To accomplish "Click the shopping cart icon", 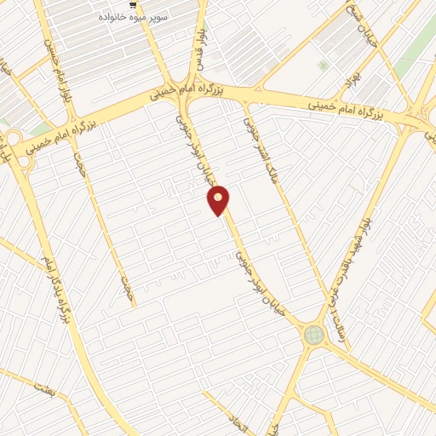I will click(x=131, y=4).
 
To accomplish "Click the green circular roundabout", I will click(x=314, y=336).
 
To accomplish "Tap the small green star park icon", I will click(x=323, y=65).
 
